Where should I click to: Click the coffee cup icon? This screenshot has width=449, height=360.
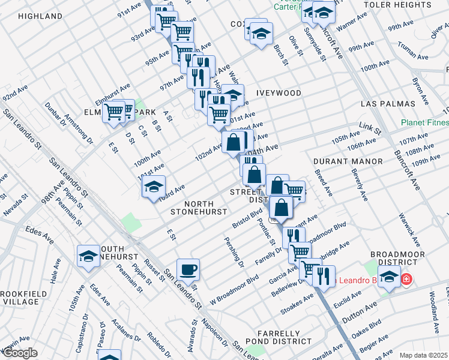[188, 269]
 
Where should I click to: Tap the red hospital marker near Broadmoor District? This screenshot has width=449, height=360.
[406, 280]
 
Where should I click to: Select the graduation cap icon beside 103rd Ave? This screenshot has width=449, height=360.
[154, 187]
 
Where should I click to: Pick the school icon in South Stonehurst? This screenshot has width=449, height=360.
[88, 256]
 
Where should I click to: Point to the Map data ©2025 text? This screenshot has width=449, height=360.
[423, 355]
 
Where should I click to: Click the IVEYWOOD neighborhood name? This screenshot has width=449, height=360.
[279, 93]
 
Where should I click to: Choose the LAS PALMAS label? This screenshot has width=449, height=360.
[388, 104]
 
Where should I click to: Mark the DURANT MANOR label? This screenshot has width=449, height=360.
[348, 161]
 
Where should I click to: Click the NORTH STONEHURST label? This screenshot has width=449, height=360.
[199, 208]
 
